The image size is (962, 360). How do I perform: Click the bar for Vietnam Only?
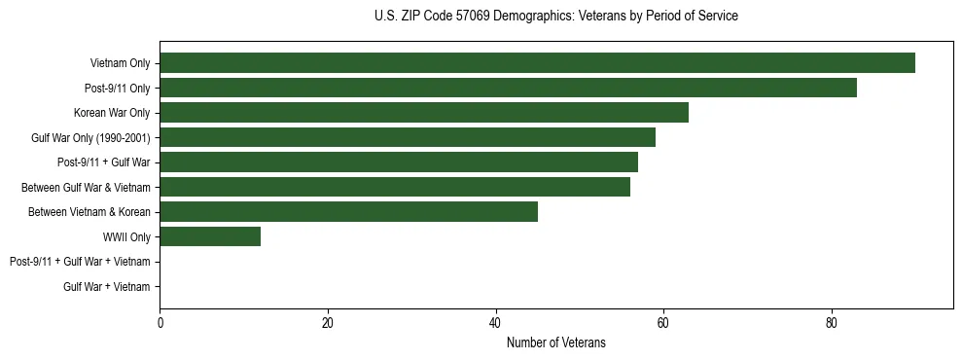pyautogui.click(x=537, y=63)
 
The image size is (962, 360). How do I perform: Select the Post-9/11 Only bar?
pyautogui.click(x=508, y=88)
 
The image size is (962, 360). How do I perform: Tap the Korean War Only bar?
pyautogui.click(x=424, y=113)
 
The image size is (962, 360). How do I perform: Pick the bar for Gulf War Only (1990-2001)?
pyautogui.click(x=408, y=137)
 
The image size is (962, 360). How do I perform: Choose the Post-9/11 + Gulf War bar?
pyautogui.click(x=399, y=162)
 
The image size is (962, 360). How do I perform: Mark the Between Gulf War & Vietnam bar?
pyautogui.click(x=395, y=187)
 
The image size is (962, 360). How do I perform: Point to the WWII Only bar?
pyautogui.click(x=210, y=236)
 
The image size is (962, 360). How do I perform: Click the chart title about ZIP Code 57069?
pyautogui.click(x=555, y=17)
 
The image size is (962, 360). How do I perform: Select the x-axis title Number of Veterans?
pyautogui.click(x=555, y=342)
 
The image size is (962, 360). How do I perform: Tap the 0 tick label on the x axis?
pyautogui.click(x=160, y=323)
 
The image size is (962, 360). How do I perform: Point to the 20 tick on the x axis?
pyautogui.click(x=328, y=323)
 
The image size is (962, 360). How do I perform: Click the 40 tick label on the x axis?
pyautogui.click(x=495, y=323)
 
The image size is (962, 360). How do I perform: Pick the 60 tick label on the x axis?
pyautogui.click(x=663, y=323)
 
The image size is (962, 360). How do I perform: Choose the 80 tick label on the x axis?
pyautogui.click(x=831, y=323)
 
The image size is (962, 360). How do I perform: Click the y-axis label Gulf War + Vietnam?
pyautogui.click(x=107, y=287)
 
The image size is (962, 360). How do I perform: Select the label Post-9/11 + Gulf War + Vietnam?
pyautogui.click(x=80, y=262)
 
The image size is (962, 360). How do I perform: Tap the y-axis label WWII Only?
pyautogui.click(x=126, y=237)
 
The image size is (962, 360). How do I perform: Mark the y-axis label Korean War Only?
pyautogui.click(x=112, y=113)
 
